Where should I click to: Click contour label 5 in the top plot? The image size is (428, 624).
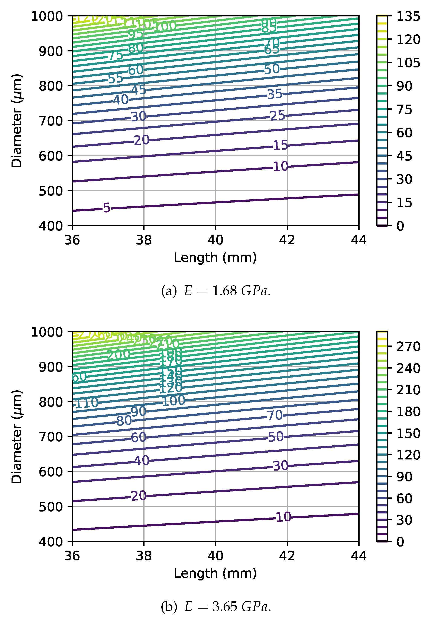coord(106,208)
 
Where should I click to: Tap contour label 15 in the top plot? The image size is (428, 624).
coord(281,145)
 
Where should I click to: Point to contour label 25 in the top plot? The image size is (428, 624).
coord(278,116)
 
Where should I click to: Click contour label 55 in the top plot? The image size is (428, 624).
coord(115,78)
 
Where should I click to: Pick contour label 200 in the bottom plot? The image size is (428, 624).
coord(118,355)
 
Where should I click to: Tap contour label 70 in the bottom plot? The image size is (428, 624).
coord(275,415)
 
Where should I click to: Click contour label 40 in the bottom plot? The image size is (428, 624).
coord(142,461)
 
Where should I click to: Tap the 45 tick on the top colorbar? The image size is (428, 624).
coord(404,156)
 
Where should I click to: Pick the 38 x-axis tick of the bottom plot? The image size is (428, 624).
coord(144,555)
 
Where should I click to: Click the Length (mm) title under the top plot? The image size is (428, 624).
coord(215,258)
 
